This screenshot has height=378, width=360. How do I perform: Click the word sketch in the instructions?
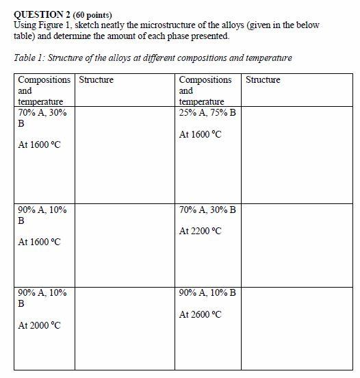click(91, 25)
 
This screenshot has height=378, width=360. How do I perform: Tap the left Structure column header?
click(96, 80)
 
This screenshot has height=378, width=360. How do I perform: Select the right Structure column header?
click(263, 80)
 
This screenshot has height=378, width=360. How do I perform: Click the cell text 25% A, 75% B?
click(207, 112)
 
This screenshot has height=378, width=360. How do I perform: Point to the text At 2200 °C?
click(201, 231)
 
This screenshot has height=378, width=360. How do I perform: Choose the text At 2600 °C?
click(201, 315)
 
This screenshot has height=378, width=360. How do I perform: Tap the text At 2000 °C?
click(40, 325)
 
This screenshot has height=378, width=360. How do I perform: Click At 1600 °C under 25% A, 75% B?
click(201, 135)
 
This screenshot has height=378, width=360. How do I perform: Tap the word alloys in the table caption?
click(120, 58)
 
